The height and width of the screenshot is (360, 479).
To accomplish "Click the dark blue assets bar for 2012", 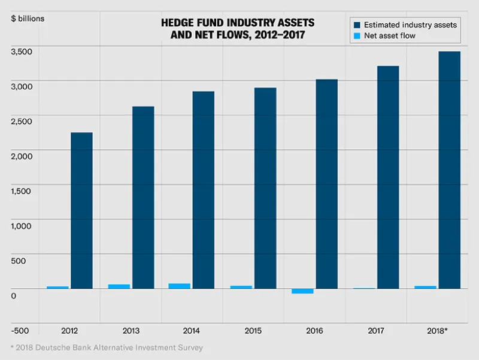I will pyautogui.click(x=81, y=210).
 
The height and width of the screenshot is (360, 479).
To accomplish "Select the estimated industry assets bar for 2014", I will pyautogui.click(x=204, y=190).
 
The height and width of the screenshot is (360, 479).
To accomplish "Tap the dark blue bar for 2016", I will pyautogui.click(x=326, y=184).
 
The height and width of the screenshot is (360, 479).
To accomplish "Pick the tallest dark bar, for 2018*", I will pyautogui.click(x=449, y=170).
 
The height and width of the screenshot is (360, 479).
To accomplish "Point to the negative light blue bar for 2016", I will pyautogui.click(x=302, y=291).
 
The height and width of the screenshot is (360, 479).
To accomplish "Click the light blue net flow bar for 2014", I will pyautogui.click(x=180, y=286).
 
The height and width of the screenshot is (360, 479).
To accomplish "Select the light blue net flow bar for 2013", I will pyautogui.click(x=119, y=286).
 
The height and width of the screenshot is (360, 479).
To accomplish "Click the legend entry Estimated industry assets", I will pyautogui.click(x=405, y=25).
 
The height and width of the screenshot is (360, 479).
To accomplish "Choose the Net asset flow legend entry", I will pyautogui.click(x=393, y=36).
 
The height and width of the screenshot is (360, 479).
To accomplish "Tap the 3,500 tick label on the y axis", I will pyautogui.click(x=22, y=52).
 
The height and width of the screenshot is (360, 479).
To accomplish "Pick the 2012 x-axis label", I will pyautogui.click(x=69, y=331).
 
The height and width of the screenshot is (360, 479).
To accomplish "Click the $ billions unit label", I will pyautogui.click(x=28, y=18).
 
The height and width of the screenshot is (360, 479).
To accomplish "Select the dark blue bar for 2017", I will pyautogui.click(x=388, y=177).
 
